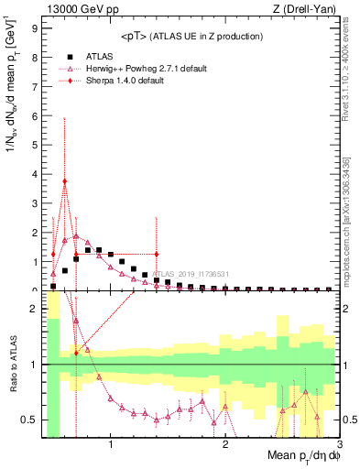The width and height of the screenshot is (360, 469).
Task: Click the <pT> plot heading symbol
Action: [135, 37]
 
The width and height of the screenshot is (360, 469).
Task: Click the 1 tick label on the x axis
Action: [111, 446]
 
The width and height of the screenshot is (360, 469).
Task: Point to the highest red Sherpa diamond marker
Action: [64, 181]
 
